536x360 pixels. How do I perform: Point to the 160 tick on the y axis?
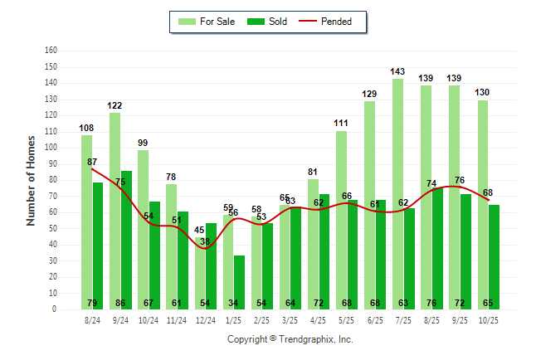(51, 51)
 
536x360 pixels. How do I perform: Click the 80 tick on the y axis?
(52, 180)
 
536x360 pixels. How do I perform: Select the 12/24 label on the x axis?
(205, 319)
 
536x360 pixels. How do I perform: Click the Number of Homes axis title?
(31, 180)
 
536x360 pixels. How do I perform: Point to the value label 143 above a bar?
(398, 71)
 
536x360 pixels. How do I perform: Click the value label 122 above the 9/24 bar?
(115, 105)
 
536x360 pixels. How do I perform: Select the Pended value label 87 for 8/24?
(92, 162)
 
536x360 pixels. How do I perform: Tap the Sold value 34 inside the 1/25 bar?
(240, 302)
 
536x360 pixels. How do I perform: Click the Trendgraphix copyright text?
(290, 339)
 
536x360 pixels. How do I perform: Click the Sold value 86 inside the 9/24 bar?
(126, 302)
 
